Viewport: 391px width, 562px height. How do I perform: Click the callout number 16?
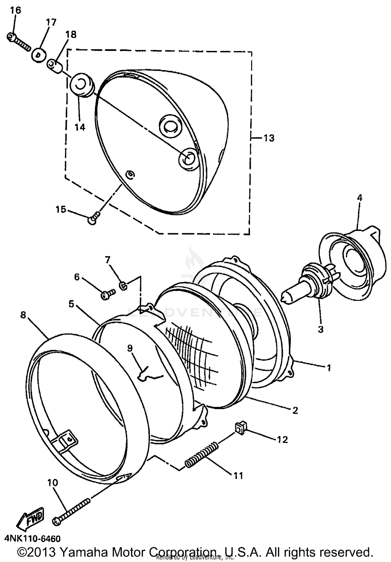coord(16,10)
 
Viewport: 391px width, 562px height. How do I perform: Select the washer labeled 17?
coord(39,55)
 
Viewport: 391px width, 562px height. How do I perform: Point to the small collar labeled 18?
coord(55,66)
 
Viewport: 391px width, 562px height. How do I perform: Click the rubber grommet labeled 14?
coord(81,85)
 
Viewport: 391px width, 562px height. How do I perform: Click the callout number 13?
coord(269,138)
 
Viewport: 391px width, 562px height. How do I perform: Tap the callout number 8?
coord(23,315)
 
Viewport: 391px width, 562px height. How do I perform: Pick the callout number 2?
coord(295,411)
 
